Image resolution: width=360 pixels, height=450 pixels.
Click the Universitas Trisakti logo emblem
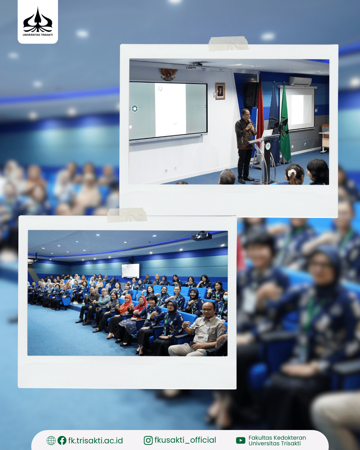38,20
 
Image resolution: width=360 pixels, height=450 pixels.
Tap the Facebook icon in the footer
62,440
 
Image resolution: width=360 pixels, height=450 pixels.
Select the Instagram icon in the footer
148,440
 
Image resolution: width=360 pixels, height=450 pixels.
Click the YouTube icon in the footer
241,440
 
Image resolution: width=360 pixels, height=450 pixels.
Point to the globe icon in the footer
51,440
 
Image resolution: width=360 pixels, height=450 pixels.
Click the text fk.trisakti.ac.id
96,441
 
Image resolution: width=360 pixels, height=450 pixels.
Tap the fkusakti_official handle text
185,440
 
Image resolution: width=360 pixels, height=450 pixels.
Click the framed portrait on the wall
220,91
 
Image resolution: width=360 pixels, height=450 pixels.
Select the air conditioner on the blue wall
300,81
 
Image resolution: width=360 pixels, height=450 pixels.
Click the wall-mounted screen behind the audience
130,270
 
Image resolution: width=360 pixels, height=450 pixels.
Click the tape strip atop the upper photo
228,43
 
